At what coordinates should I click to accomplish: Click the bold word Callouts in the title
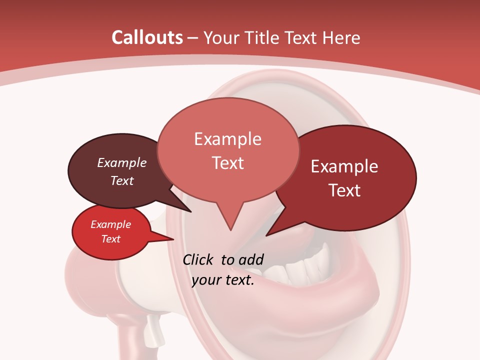point(147,37)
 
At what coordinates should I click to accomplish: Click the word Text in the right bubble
point(344,190)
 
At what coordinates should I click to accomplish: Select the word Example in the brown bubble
point(121,162)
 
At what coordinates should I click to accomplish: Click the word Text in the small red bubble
point(110,239)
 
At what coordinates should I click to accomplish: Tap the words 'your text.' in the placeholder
point(223,280)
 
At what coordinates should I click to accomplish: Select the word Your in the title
point(221,37)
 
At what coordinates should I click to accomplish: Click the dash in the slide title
point(192,37)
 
